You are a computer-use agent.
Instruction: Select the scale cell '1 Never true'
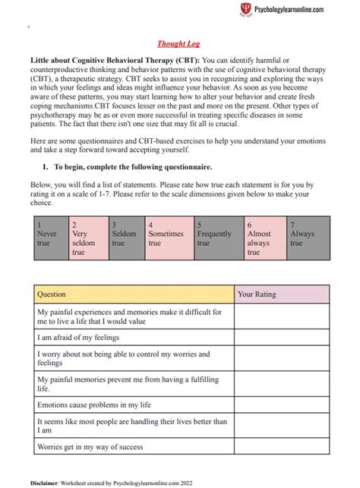[49, 238]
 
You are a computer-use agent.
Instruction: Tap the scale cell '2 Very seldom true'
[87, 238]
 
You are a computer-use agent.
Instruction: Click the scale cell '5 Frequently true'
[218, 238]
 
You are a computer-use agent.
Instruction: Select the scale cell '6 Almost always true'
[264, 238]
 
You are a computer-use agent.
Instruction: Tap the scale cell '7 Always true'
[308, 238]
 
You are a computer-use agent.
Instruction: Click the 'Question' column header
[134, 294]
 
